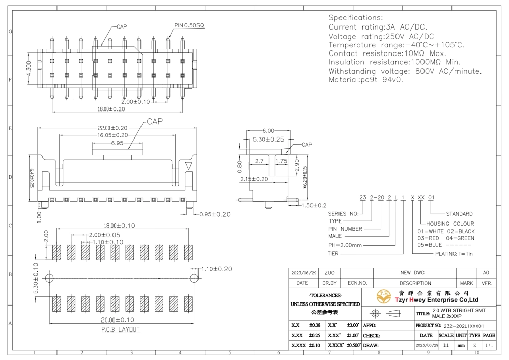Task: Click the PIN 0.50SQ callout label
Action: pos(189,25)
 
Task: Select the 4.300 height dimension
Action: pos(29,69)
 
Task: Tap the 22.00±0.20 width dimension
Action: pos(112,128)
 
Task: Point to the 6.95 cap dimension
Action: pos(117,143)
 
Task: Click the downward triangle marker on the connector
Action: pos(189,165)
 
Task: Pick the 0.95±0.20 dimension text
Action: pos(215,214)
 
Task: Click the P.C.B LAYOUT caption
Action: pos(121,329)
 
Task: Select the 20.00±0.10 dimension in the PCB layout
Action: pos(118,320)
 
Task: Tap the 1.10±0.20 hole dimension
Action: pos(216,269)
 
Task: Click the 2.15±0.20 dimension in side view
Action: pos(254,179)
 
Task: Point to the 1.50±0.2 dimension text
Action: pos(314,205)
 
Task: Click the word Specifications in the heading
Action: pos(356,17)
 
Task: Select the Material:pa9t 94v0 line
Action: pos(365,79)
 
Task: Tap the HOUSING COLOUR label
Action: pos(450,224)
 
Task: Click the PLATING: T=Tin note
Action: pos(454,254)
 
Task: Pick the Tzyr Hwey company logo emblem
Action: pos(384,297)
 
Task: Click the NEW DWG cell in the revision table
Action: pos(412,273)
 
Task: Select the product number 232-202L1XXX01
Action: pos(464,326)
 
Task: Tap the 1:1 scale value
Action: pos(446,345)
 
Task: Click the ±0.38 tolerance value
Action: pos(315,325)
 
